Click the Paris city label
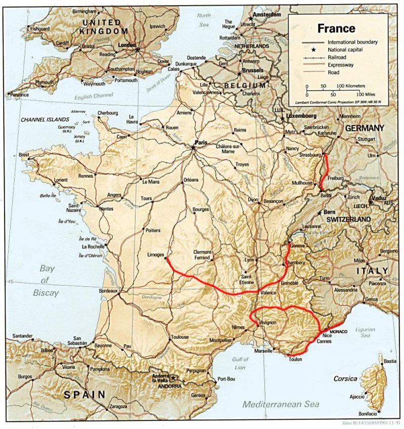coord(202,143)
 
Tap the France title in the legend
coord(336,28)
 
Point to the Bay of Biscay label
coord(49,281)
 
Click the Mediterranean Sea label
coord(281,404)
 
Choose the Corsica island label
coord(345,378)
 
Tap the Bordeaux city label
coord(108,291)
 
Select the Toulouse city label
coord(179,337)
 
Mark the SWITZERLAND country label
coord(349,219)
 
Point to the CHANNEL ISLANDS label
coord(44,120)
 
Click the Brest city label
coord(24,155)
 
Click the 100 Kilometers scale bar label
coord(353,86)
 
